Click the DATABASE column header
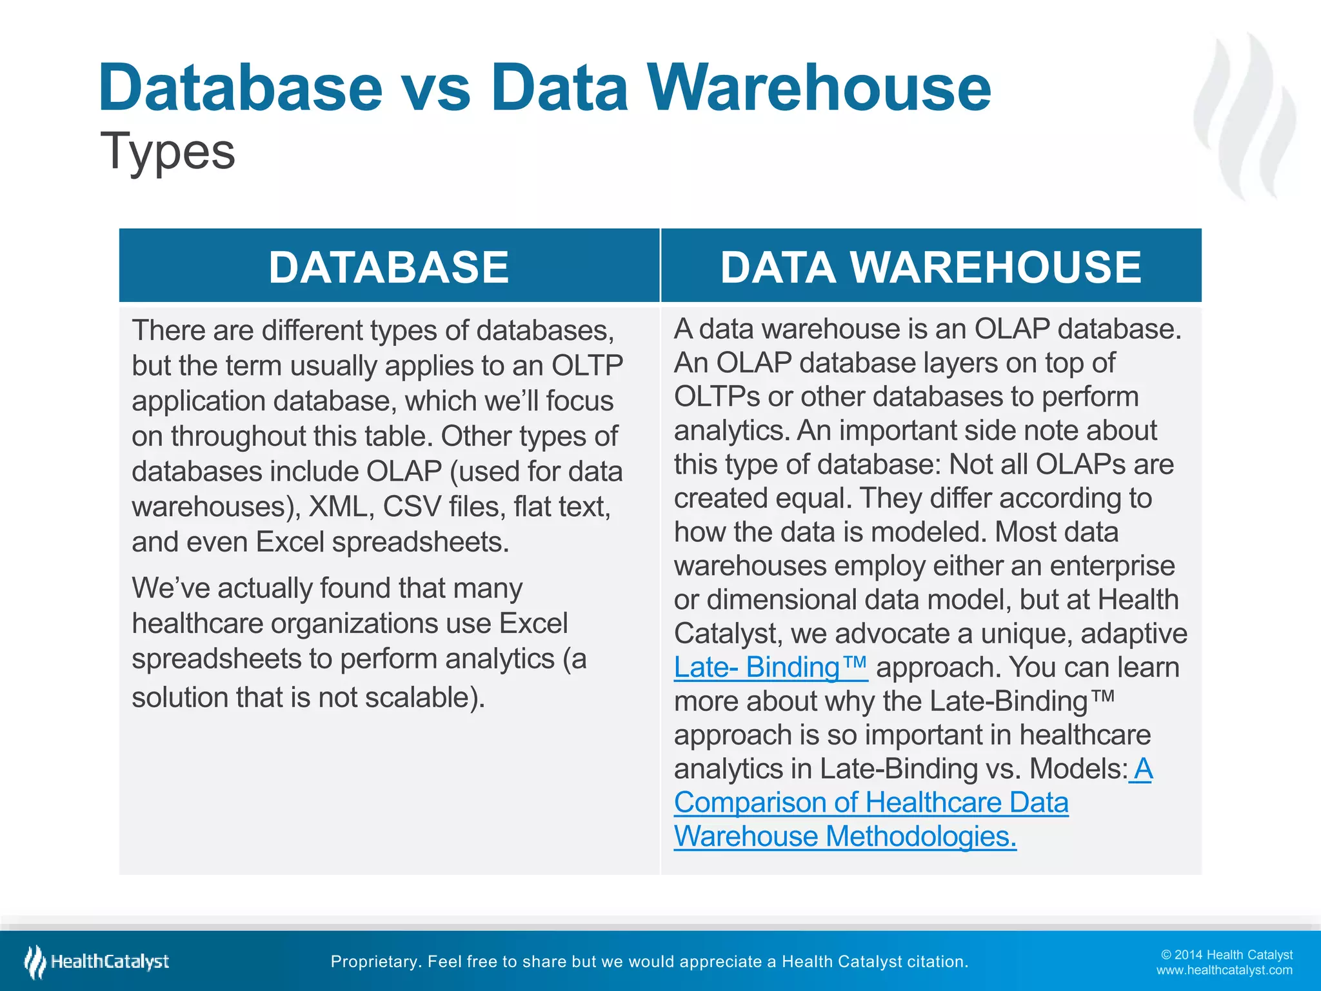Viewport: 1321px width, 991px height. click(389, 267)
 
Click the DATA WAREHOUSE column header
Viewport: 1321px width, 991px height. click(931, 267)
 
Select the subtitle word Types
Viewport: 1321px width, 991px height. click(168, 152)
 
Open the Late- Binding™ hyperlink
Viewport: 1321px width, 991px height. click(771, 667)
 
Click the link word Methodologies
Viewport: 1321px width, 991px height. click(920, 836)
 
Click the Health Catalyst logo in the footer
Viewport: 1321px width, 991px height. click(97, 962)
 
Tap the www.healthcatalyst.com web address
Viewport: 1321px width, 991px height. click(1224, 970)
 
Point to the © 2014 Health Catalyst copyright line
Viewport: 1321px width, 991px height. click(1226, 955)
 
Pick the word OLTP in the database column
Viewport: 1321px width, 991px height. click(587, 366)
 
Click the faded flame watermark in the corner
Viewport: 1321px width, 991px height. click(1245, 116)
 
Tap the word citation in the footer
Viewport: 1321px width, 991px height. click(937, 962)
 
